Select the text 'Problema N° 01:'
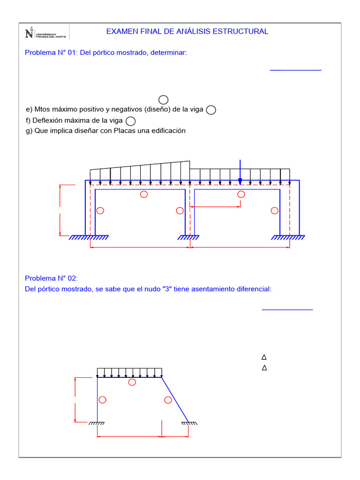pyautogui.click(x=51, y=53)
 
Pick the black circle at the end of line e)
pyautogui.click(x=211, y=110)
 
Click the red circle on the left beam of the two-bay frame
pyautogui.click(x=144, y=195)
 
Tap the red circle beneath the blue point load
pyautogui.click(x=241, y=195)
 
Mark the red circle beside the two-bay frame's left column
pyautogui.click(x=99, y=210)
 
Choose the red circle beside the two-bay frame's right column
pyautogui.click(x=274, y=210)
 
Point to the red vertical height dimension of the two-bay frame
pyautogui.click(x=60, y=210)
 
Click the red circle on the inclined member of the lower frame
pyautogui.click(x=168, y=400)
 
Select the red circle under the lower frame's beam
pyautogui.click(x=132, y=382)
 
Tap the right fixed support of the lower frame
pyautogui.click(x=189, y=424)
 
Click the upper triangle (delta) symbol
pyautogui.click(x=264, y=357)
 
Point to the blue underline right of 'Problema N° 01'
pyautogui.click(x=296, y=70)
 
